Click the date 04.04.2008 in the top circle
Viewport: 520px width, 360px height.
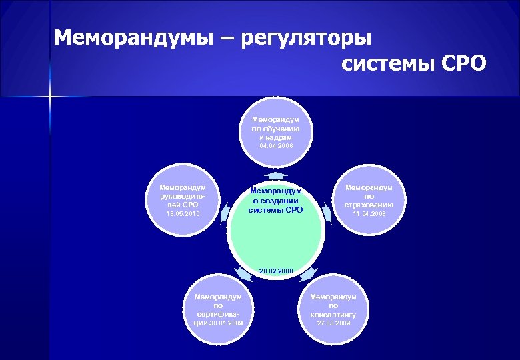(276, 145)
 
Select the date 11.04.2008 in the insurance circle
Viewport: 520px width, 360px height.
(369, 214)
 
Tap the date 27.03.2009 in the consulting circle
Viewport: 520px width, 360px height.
(333, 323)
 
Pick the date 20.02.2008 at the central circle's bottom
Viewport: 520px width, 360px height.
(276, 270)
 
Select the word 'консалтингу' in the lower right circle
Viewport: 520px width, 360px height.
(333, 314)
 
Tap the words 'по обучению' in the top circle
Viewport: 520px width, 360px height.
(276, 128)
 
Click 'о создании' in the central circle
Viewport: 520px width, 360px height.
(275, 200)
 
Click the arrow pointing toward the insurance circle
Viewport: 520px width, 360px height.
(327, 213)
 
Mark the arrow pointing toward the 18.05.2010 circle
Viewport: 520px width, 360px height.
(225, 213)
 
